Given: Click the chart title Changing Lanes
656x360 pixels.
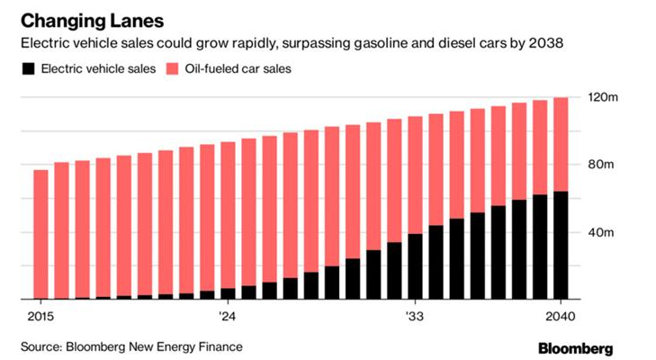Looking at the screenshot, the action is pos(92,21).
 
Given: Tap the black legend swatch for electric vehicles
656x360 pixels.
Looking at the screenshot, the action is pos(29,68).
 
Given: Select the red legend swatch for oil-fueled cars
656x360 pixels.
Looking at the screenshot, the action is pos(172,68).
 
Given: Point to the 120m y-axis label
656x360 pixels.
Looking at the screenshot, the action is pos(603,97).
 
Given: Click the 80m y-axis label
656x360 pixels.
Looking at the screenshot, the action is pos(601,164).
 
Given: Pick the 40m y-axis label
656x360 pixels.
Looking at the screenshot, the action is pos(601,232).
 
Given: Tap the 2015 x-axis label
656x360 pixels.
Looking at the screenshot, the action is pos(40,317).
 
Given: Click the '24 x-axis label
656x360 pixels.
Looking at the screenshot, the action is pos(227,317).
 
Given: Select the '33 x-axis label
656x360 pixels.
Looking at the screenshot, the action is pos(415,317).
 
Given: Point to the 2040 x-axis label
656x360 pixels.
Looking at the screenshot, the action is pos(561,317).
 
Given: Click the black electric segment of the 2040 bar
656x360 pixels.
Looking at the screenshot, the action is pos(561,246).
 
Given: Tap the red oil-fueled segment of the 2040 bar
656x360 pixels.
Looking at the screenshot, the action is pos(561,144).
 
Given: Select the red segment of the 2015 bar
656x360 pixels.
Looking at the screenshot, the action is pos(40,234).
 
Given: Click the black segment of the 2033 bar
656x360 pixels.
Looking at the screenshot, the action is pos(415,266).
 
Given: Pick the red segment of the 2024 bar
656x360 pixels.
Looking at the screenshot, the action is pos(228,215).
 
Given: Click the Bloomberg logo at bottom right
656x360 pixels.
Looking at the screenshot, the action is pos(576,348).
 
